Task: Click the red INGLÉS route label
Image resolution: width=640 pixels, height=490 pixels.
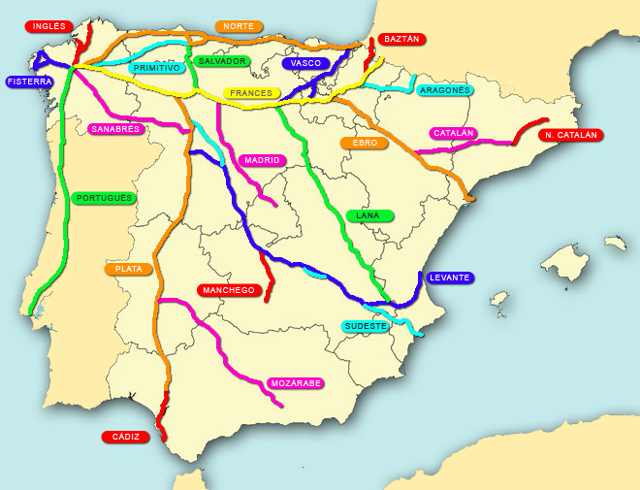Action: (x=48, y=26)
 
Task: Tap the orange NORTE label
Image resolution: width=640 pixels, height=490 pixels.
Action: (x=238, y=26)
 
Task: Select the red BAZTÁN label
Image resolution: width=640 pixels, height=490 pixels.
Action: (x=401, y=39)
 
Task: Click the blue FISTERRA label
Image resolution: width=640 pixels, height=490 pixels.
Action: (x=29, y=82)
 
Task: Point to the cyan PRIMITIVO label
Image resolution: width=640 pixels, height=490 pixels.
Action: (x=157, y=69)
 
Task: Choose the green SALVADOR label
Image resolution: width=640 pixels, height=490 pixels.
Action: (x=222, y=61)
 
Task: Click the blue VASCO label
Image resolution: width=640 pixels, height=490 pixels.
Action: (x=306, y=63)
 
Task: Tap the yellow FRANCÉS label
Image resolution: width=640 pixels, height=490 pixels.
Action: (x=251, y=93)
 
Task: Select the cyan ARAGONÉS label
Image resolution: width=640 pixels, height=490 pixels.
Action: (x=444, y=90)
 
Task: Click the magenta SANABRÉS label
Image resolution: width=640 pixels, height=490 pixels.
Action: (x=115, y=128)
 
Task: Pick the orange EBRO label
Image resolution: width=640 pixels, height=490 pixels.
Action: (x=365, y=143)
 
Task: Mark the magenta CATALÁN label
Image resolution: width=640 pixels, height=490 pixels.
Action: (x=454, y=133)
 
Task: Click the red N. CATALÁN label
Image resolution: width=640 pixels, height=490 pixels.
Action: (x=570, y=135)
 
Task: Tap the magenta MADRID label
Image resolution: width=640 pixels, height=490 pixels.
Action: (x=262, y=160)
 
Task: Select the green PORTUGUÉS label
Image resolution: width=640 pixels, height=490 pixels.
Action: (x=104, y=198)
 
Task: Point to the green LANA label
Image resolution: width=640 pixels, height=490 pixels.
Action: (x=369, y=215)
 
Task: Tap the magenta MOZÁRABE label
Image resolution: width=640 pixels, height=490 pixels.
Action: (x=296, y=383)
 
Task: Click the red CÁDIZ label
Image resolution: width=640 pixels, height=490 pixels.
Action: (x=126, y=437)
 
